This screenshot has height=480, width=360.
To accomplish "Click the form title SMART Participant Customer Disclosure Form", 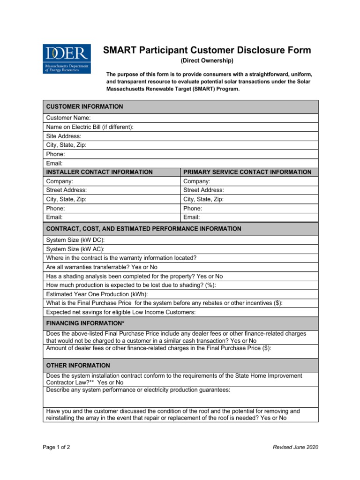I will [x=207, y=51].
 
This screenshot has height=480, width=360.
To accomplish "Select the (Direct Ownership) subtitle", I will [x=207, y=61].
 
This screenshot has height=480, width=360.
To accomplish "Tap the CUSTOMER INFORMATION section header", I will [x=85, y=107].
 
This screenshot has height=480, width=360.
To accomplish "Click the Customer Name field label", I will [x=68, y=118].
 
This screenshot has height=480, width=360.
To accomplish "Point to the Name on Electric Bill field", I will [x=90, y=127].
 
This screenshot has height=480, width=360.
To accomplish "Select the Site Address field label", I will [x=64, y=136].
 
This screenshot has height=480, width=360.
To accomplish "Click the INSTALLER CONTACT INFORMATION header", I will [x=99, y=172].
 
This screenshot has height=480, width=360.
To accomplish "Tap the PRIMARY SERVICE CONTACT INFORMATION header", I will [x=247, y=172].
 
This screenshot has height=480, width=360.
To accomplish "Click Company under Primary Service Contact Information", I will [x=197, y=181].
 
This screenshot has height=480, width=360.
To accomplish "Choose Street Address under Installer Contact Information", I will [x=67, y=190].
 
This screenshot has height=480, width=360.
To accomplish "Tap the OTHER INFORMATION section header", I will [x=78, y=366].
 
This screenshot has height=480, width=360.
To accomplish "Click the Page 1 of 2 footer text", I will [x=57, y=447].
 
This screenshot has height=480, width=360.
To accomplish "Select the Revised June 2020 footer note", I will [x=295, y=447].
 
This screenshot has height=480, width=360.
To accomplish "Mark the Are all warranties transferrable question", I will [x=102, y=267].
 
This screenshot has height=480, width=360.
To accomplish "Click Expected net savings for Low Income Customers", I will [x=121, y=312].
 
